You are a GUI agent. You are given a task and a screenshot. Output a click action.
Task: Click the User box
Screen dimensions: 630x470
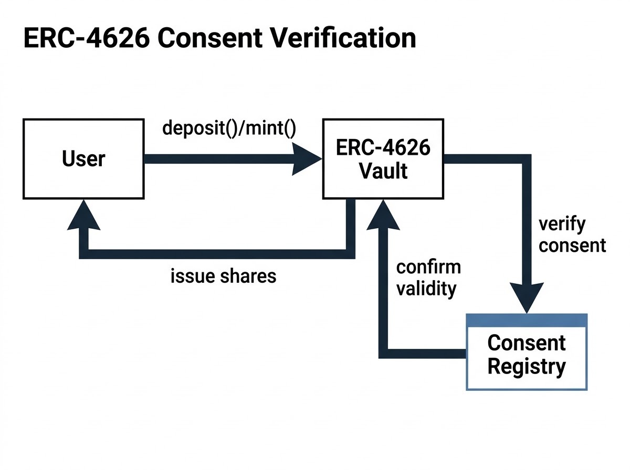click(x=83, y=159)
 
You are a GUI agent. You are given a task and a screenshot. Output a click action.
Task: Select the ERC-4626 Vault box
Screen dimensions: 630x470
click(x=383, y=159)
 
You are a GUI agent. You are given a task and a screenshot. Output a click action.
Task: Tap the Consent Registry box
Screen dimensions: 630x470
click(x=527, y=352)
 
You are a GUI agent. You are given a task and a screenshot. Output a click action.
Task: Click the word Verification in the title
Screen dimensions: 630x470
click(x=343, y=38)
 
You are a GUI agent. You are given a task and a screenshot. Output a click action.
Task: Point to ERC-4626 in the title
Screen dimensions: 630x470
click(x=87, y=38)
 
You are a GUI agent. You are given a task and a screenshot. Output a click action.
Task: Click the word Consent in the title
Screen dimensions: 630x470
click(x=210, y=38)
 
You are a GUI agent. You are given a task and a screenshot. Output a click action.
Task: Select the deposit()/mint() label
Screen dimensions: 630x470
click(x=229, y=128)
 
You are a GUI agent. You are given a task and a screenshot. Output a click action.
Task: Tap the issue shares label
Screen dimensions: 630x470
click(x=223, y=276)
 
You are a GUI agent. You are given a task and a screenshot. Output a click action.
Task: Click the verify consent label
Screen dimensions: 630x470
click(x=572, y=234)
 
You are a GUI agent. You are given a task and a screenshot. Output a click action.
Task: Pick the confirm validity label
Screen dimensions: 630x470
click(x=428, y=278)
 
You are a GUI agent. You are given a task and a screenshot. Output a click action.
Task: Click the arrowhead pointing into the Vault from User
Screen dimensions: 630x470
click(x=307, y=159)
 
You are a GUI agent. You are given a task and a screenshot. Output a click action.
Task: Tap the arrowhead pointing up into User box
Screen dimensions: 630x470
click(x=83, y=215)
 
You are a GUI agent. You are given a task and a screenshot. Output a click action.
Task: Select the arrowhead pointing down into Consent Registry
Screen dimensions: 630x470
click(x=527, y=298)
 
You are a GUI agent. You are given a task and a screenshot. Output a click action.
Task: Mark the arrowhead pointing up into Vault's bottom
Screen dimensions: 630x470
click(x=383, y=215)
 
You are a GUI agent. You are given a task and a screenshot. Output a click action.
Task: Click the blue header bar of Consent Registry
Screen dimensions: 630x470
click(x=527, y=321)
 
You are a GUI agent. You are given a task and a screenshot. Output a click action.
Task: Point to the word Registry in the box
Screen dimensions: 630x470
click(x=527, y=367)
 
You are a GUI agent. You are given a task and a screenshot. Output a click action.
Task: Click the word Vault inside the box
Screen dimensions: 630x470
click(x=383, y=171)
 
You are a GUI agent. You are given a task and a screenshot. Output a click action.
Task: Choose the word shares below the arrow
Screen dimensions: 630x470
click(x=248, y=276)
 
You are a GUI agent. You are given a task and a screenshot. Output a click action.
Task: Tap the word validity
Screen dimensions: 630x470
click(x=426, y=289)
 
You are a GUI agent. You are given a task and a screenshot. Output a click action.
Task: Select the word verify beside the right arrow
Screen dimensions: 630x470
click(x=562, y=225)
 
